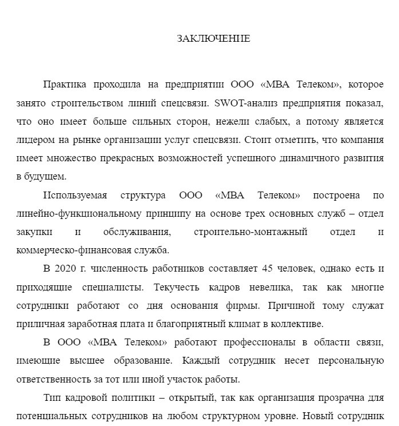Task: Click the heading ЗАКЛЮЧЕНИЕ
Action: coord(213,39)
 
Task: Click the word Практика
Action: coord(65,85)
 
